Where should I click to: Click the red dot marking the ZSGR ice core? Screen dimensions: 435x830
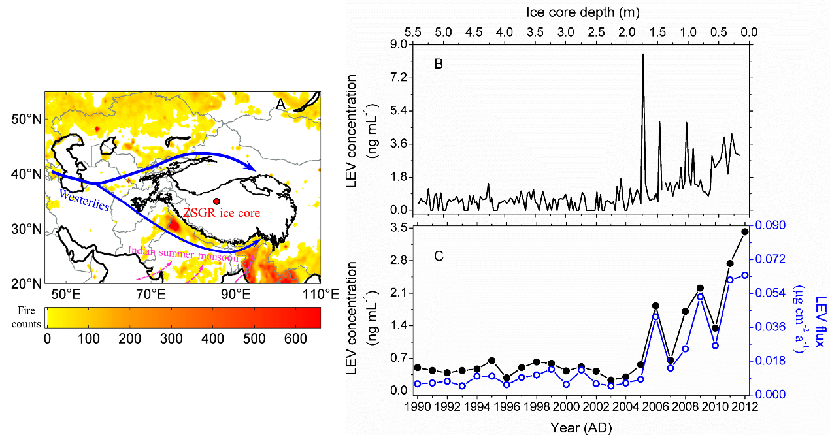coord(216,201)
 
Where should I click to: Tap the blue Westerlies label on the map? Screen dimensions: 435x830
coord(84,200)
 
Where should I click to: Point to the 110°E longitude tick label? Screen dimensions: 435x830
coord(320,295)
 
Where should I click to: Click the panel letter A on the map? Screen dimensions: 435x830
coord(280,104)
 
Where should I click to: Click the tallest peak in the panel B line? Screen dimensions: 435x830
coord(643,54)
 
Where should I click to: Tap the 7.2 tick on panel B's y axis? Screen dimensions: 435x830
coord(397,78)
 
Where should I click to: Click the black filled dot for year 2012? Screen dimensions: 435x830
coord(744,232)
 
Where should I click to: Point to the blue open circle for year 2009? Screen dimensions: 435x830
coord(700,297)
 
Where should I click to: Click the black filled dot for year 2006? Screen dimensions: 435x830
coord(656,306)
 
